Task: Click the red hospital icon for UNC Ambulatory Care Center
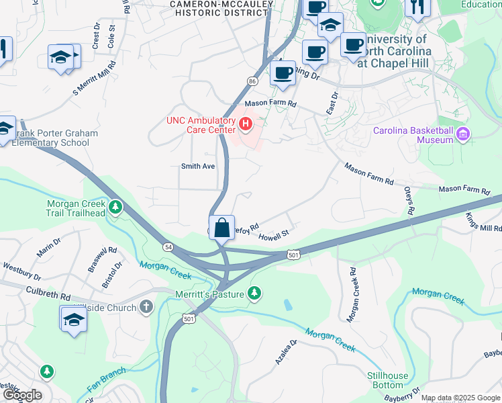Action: pyautogui.click(x=246, y=124)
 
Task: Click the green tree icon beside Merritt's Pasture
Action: pyautogui.click(x=254, y=293)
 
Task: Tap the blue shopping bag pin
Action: pyautogui.click(x=221, y=226)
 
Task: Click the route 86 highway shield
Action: pyautogui.click(x=252, y=81)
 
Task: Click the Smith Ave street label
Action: pyautogui.click(x=197, y=166)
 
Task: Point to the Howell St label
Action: pyautogui.click(x=272, y=236)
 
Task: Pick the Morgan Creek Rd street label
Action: pyautogui.click(x=354, y=292)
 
